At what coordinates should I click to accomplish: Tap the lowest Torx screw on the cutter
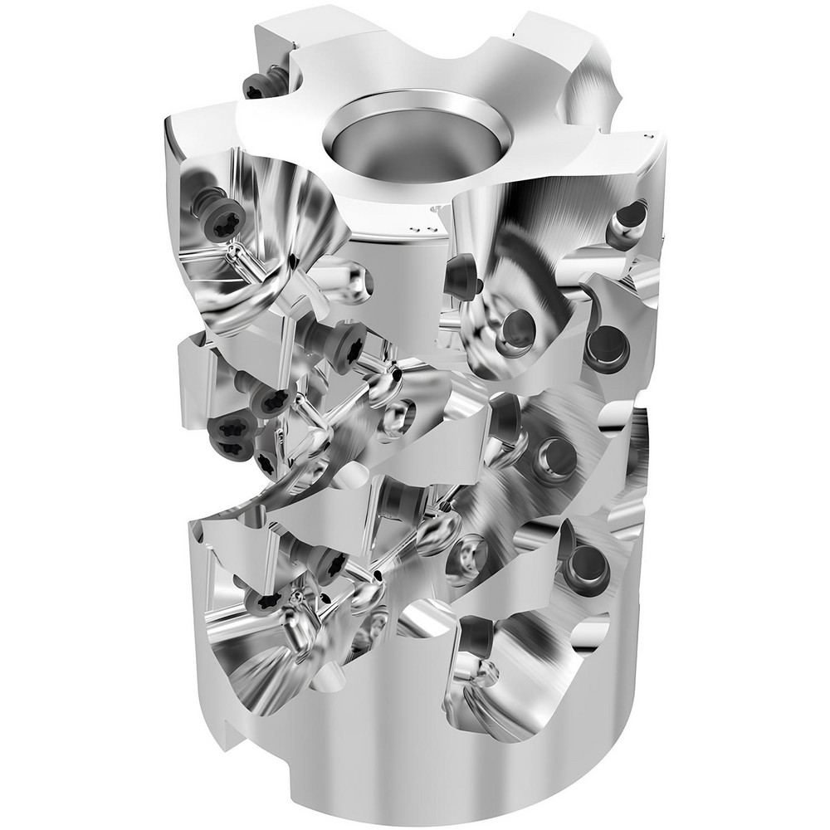tap(269, 600)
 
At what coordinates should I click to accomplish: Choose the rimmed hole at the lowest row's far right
tap(588, 564)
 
